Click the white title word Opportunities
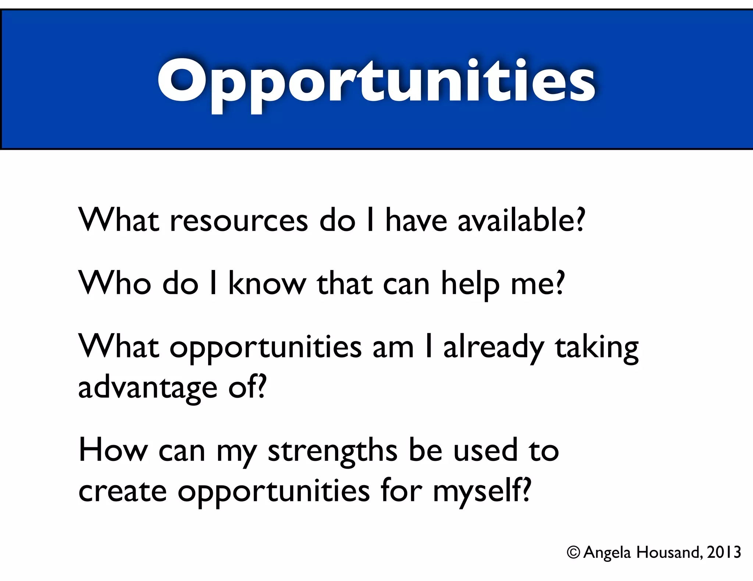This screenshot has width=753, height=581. coord(376,82)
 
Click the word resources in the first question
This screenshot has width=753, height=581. coord(239,221)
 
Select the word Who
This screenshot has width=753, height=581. coord(115,283)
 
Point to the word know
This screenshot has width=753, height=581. coord(267,283)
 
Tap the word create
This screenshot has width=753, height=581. coord(122,491)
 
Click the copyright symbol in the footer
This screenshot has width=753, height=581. coord(573,552)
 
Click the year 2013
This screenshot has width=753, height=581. coord(724,552)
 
